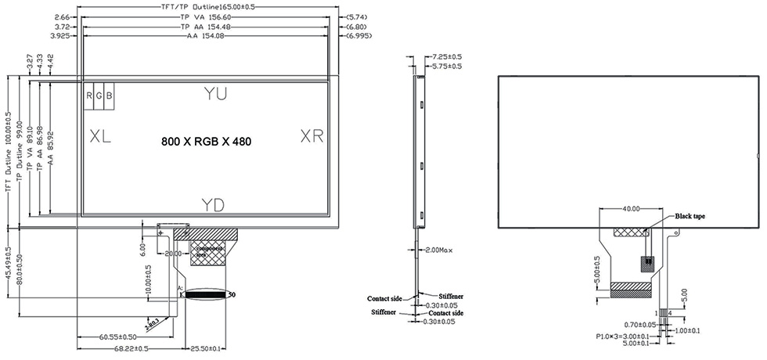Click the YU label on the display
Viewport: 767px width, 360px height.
coord(215,94)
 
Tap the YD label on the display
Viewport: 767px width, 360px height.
coord(213,205)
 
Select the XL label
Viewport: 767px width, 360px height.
coord(100,136)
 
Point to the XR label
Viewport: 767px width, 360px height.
coord(312,136)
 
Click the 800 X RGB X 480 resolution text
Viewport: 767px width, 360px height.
coord(207,142)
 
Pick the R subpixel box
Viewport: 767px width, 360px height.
coord(90,95)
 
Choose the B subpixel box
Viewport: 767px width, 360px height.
coord(109,95)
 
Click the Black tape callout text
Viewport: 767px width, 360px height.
coord(690,214)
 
